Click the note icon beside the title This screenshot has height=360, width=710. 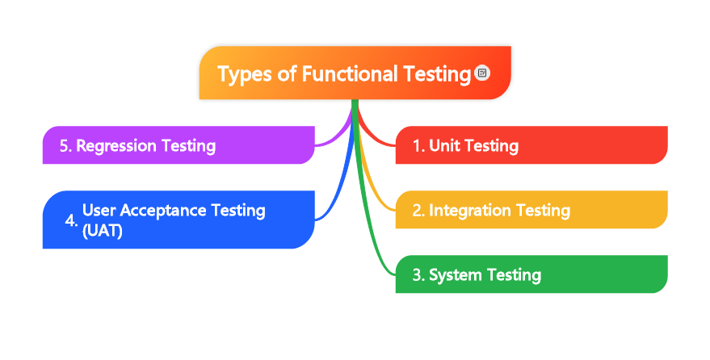(482, 73)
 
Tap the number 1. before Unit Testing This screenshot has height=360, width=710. (418, 146)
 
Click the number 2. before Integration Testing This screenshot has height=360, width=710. (418, 211)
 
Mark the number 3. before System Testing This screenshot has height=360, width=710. (418, 275)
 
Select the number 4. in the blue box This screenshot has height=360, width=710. (71, 220)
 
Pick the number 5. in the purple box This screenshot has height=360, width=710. (66, 146)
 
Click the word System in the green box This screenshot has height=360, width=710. (454, 275)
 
